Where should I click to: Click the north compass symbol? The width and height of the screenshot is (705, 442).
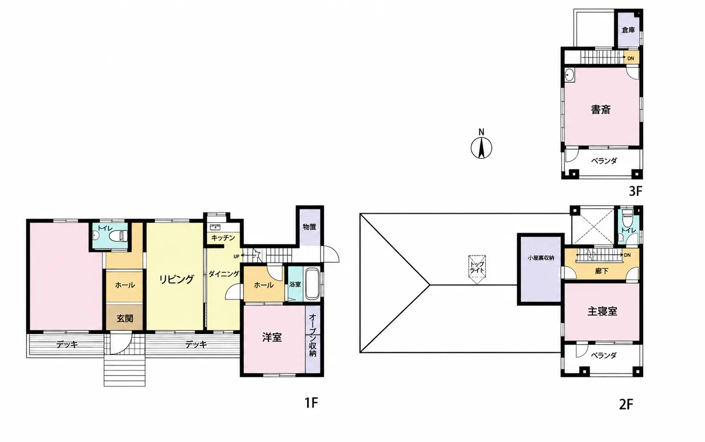click(481, 148)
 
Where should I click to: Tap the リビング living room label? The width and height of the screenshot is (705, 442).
click(176, 279)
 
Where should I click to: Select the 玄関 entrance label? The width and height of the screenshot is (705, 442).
click(125, 318)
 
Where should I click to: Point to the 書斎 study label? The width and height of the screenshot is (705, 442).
click(601, 109)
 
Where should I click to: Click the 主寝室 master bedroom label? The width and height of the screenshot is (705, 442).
click(602, 311)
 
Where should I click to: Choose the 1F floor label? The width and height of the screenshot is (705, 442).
click(311, 403)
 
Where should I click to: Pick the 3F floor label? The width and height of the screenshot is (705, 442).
click(635, 191)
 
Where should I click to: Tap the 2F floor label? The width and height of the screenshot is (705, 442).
click(626, 405)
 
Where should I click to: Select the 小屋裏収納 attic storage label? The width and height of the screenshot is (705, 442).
click(541, 258)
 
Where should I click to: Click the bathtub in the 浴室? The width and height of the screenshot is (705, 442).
click(312, 284)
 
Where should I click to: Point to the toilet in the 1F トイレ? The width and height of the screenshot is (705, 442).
click(117, 235)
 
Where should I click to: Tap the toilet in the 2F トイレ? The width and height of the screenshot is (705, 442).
click(627, 217)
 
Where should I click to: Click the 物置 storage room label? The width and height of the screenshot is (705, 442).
click(309, 227)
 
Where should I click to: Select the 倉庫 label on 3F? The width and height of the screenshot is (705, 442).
click(628, 30)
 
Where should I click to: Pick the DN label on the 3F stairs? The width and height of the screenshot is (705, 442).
click(630, 59)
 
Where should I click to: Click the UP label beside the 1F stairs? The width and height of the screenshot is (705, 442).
click(236, 256)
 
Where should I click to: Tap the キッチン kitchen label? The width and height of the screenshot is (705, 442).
click(223, 238)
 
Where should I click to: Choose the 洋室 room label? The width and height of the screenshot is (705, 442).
click(272, 337)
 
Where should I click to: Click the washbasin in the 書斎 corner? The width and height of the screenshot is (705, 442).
click(569, 75)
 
